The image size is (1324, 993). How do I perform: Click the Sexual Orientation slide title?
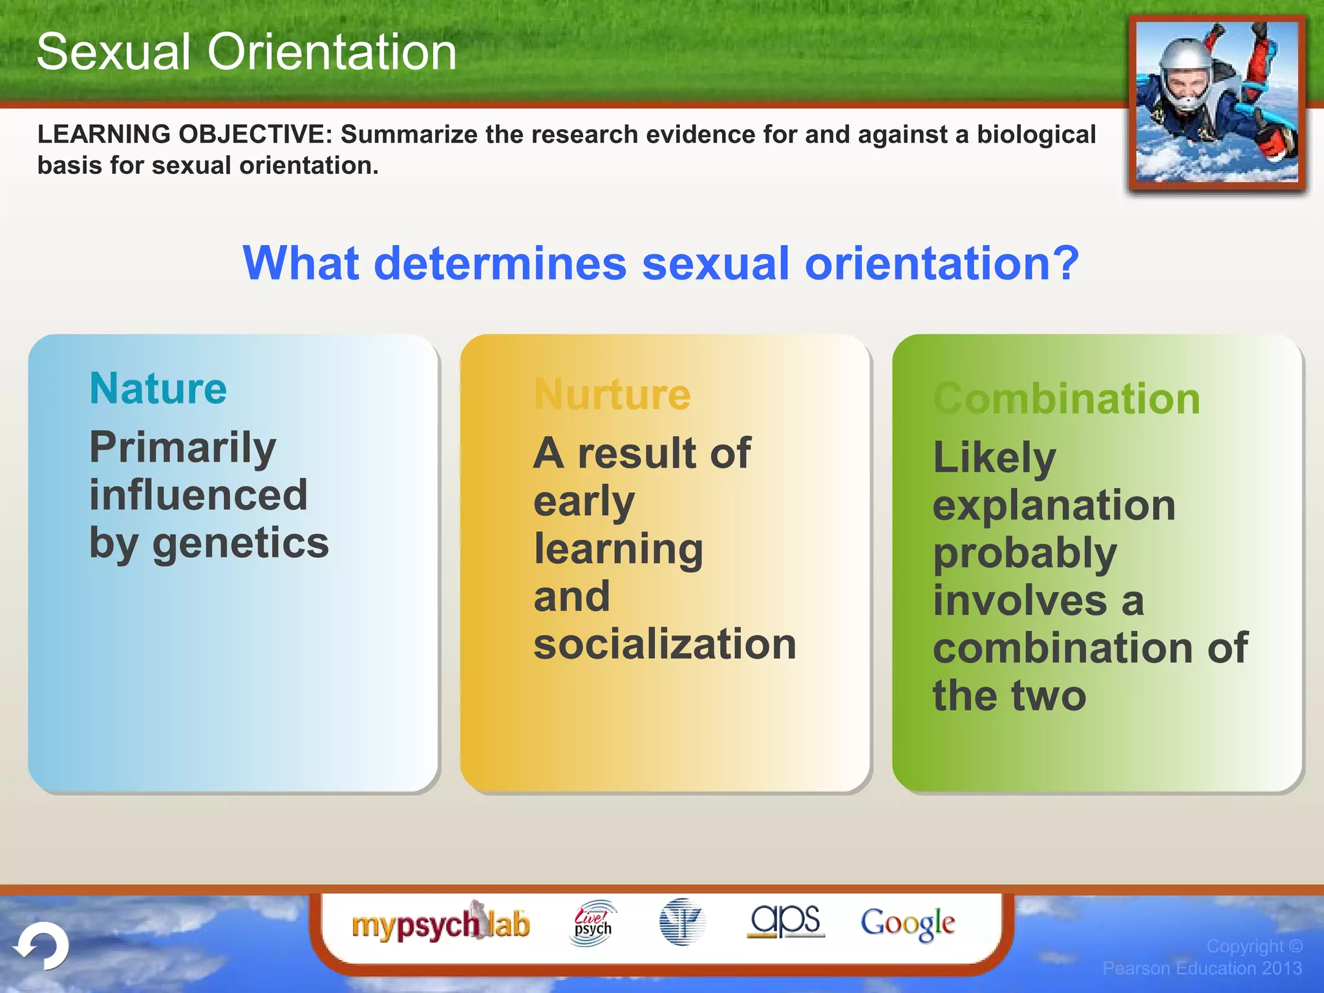point(246,52)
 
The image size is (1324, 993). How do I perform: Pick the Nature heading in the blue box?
point(158,389)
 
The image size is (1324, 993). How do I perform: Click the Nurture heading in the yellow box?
point(612,394)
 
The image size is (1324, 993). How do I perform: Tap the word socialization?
point(665,644)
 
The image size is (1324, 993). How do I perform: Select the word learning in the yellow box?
point(618,550)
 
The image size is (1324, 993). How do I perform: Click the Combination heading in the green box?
point(1067,398)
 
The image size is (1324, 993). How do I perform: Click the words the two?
point(1009,696)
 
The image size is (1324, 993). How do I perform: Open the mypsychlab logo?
point(440,924)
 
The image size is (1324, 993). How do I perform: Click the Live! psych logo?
point(593,924)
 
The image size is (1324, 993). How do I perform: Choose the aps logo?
point(785,921)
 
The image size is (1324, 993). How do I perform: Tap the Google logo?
point(907,924)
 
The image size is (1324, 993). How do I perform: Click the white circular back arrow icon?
point(43,946)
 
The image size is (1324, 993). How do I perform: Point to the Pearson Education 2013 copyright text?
point(1202,968)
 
